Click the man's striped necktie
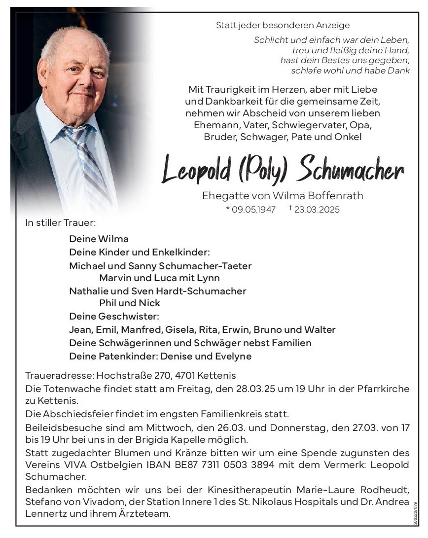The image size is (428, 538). pyautogui.click(x=89, y=158)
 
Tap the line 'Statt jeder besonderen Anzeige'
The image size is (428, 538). pyautogui.click(x=283, y=25)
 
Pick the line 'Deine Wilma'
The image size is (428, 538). pyautogui.click(x=99, y=239)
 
